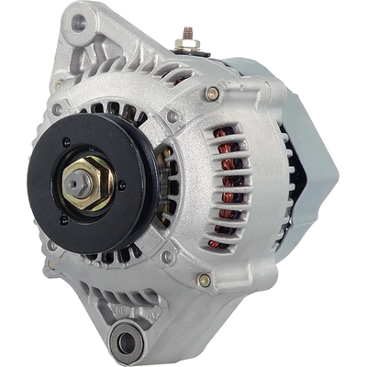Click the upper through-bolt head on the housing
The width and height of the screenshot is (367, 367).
(x=213, y=94)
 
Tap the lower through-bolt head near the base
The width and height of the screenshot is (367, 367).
(x=204, y=281)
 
